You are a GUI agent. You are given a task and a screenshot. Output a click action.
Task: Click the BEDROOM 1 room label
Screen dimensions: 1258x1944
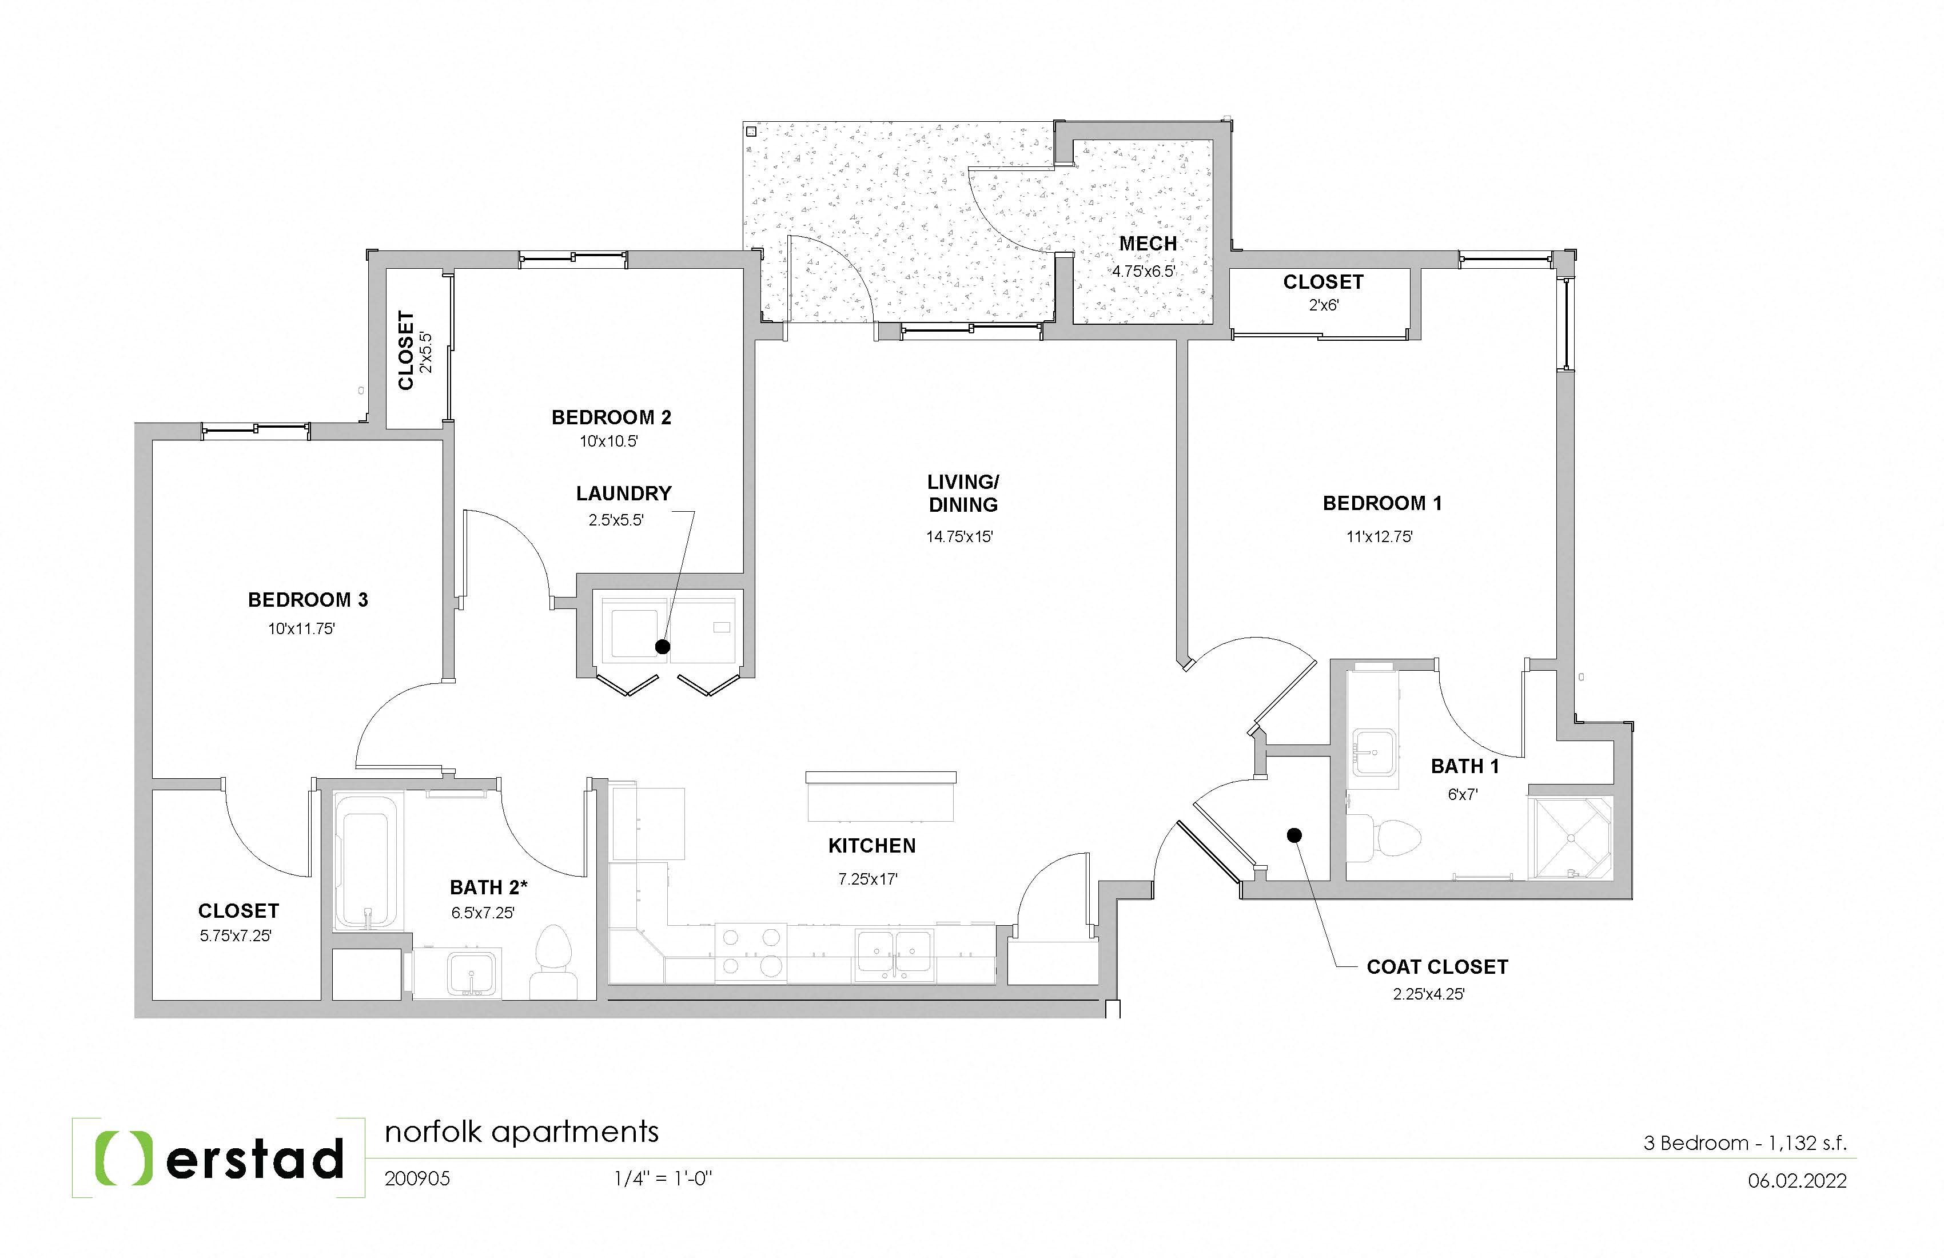[x=1382, y=503]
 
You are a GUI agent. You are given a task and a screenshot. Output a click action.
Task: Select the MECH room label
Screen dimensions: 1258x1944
[x=1148, y=244]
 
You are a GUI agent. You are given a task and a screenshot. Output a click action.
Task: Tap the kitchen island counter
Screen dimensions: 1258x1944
[x=881, y=797]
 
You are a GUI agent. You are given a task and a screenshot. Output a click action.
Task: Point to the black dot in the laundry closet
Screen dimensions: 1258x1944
[x=663, y=647]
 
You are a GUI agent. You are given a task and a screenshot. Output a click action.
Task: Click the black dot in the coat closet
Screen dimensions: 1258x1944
[x=1294, y=835]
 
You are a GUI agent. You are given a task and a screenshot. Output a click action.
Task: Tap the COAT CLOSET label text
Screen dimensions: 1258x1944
[x=1437, y=967]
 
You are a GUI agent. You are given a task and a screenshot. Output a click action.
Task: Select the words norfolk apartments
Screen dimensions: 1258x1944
[x=521, y=1132]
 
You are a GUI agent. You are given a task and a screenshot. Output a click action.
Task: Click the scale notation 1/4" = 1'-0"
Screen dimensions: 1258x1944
[x=663, y=1179]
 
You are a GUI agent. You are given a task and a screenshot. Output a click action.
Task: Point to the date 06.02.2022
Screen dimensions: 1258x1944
[x=1797, y=1180]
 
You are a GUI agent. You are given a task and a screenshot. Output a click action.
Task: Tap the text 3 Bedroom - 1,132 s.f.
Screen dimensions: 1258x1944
[x=1744, y=1143]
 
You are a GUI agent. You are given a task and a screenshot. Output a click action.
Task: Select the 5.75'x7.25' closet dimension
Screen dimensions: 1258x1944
[x=235, y=936]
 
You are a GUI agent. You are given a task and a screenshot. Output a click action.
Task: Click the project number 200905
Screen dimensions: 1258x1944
[x=417, y=1179]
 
